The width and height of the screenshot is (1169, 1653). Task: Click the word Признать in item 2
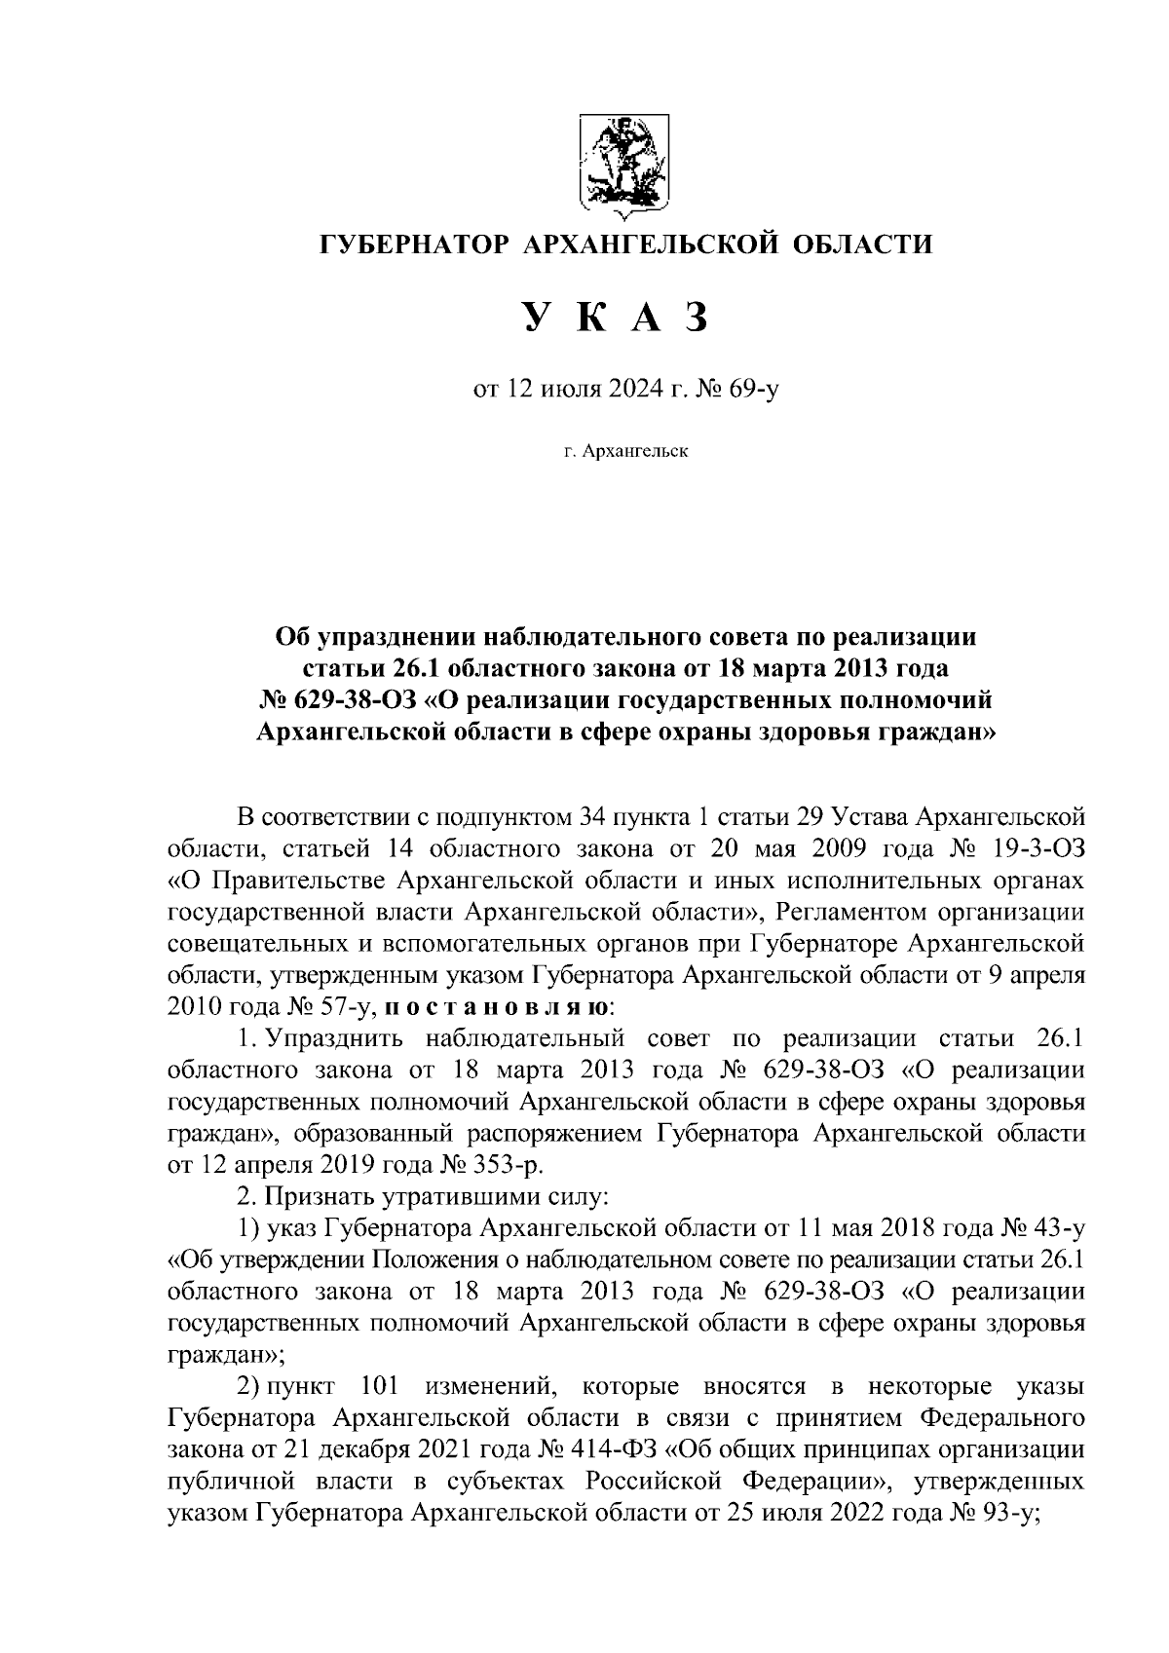[323, 1196]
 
